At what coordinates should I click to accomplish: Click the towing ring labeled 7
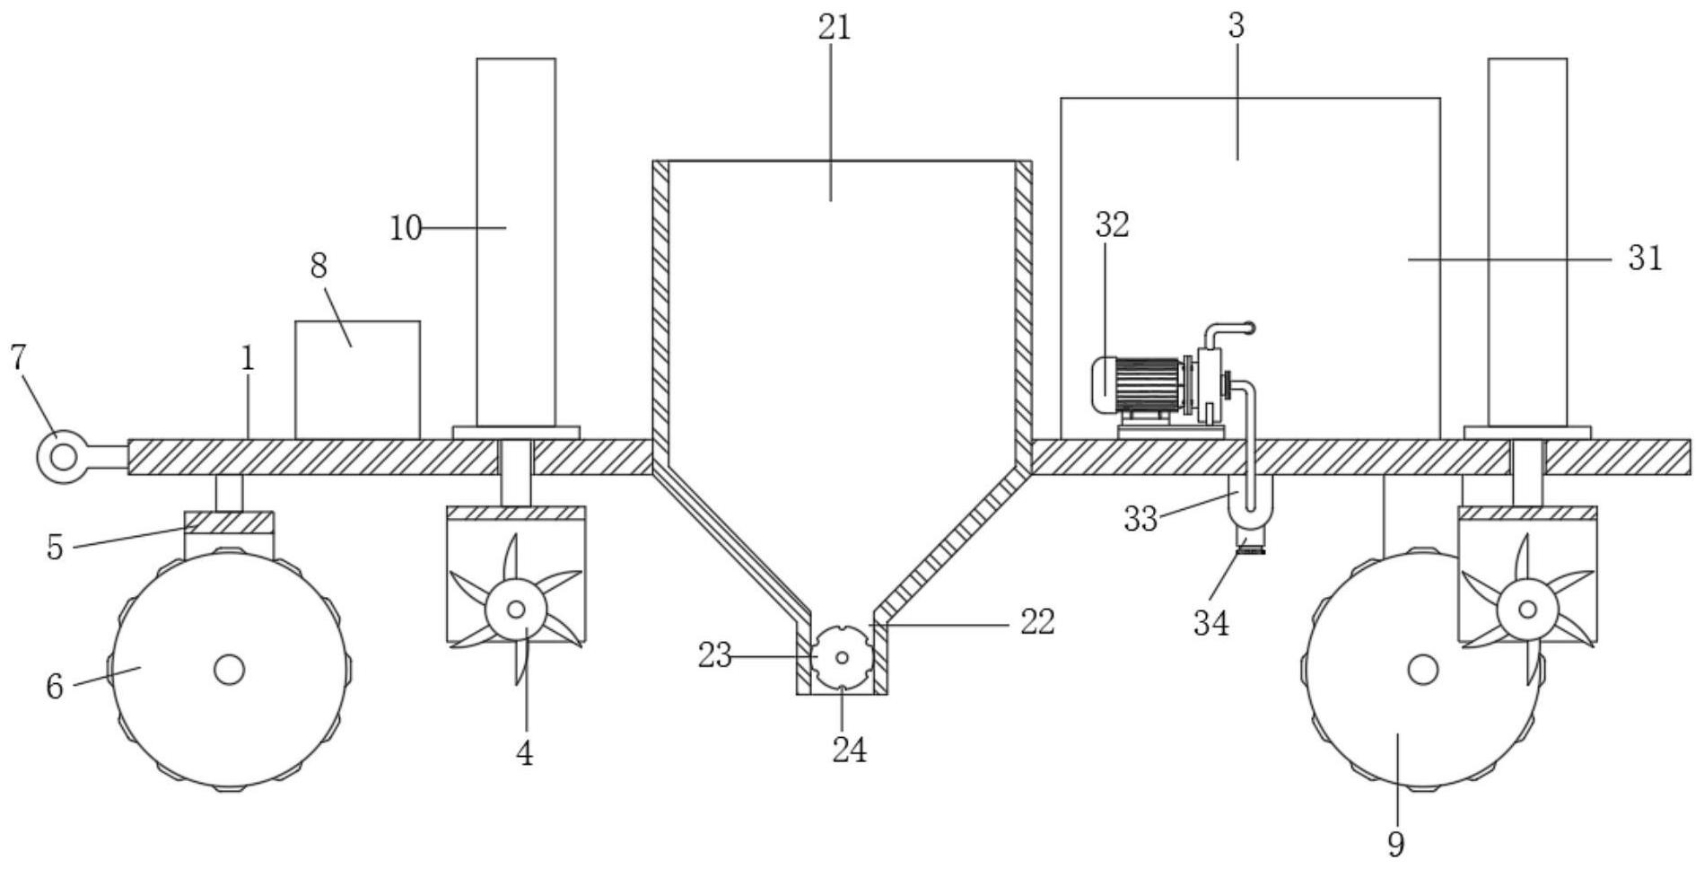pyautogui.click(x=62, y=456)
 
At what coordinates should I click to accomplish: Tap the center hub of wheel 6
pyautogui.click(x=229, y=670)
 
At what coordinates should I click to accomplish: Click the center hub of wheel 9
pyautogui.click(x=1422, y=670)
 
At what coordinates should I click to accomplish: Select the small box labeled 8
pyautogui.click(x=357, y=380)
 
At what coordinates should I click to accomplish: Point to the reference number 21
pyautogui.click(x=834, y=28)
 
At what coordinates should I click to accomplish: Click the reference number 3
pyautogui.click(x=1236, y=26)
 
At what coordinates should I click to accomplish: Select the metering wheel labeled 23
pyautogui.click(x=842, y=657)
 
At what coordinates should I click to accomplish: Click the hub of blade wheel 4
pyautogui.click(x=516, y=610)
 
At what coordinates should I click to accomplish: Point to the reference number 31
pyautogui.click(x=1645, y=259)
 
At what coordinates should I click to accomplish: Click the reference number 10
pyautogui.click(x=406, y=229)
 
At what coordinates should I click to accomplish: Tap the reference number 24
pyautogui.click(x=849, y=750)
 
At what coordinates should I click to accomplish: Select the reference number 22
pyautogui.click(x=1037, y=621)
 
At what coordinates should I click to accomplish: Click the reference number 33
pyautogui.click(x=1140, y=520)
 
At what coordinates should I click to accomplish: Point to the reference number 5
pyautogui.click(x=55, y=548)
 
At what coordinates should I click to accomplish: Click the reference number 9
pyautogui.click(x=1395, y=843)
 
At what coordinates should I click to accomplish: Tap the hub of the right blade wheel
pyautogui.click(x=1527, y=610)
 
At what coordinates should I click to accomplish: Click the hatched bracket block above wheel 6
pyautogui.click(x=229, y=522)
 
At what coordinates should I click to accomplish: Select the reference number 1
pyautogui.click(x=248, y=359)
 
